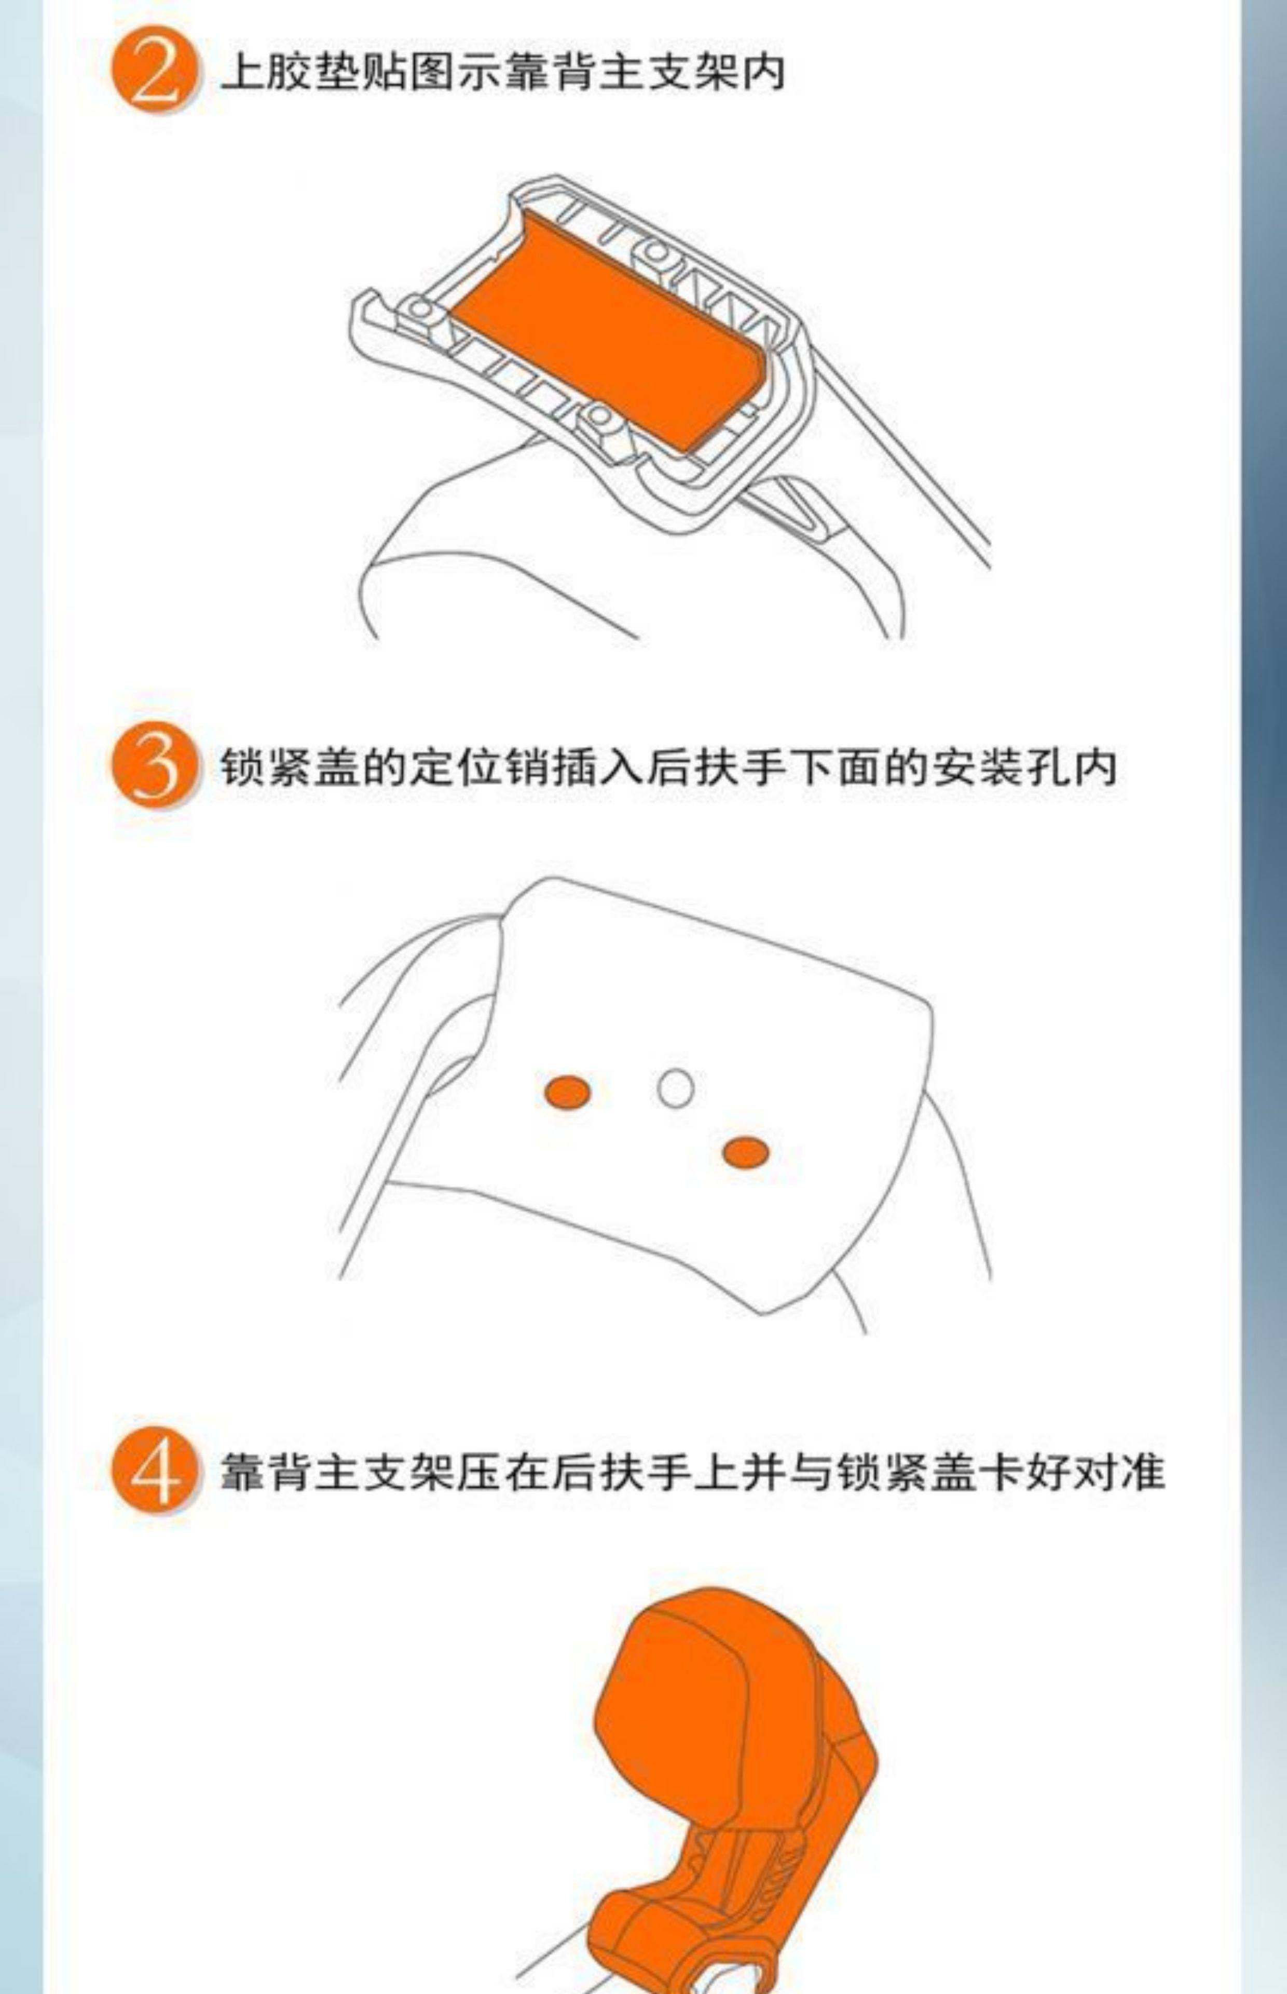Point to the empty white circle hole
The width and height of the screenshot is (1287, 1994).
[675, 1088]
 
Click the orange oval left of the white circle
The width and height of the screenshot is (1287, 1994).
[567, 1093]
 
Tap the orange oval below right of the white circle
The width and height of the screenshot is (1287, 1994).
[745, 1152]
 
